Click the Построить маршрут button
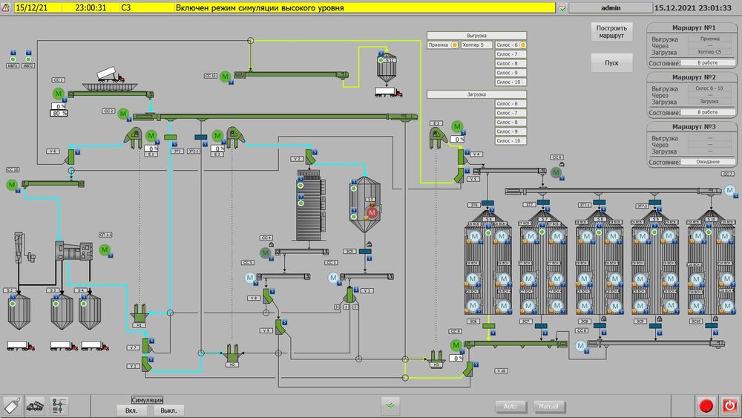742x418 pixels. tap(611, 33)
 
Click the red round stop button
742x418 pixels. tap(706, 405)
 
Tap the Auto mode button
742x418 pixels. tap(510, 407)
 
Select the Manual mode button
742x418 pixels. tap(549, 407)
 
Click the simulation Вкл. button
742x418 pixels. tap(131, 410)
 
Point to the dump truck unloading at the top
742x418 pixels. tap(109, 74)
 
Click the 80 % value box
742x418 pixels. tap(59, 114)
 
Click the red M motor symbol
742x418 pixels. tap(372, 213)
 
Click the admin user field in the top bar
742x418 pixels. tap(611, 7)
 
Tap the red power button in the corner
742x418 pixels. tap(729, 405)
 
